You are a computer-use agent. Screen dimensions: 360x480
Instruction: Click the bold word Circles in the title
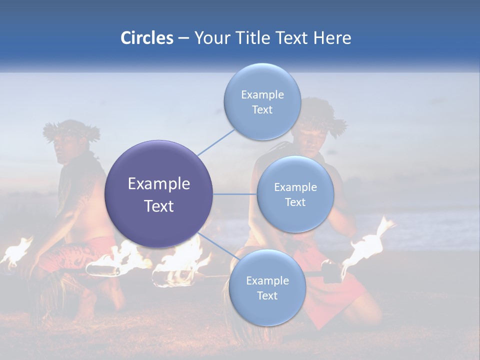pyautogui.click(x=146, y=38)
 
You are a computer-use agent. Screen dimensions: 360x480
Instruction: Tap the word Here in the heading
pyautogui.click(x=332, y=38)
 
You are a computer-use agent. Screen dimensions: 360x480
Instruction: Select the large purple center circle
pyautogui.click(x=158, y=194)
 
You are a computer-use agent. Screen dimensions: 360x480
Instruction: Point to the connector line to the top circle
pyautogui.click(x=216, y=142)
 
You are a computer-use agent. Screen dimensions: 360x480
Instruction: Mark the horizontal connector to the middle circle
pyautogui.click(x=234, y=194)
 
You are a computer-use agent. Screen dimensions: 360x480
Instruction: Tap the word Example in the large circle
pyautogui.click(x=158, y=184)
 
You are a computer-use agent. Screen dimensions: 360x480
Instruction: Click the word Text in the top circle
pyautogui.click(x=262, y=110)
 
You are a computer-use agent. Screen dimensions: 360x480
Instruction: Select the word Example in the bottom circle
pyautogui.click(x=267, y=281)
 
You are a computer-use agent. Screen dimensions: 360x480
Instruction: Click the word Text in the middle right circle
pyautogui.click(x=295, y=202)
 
